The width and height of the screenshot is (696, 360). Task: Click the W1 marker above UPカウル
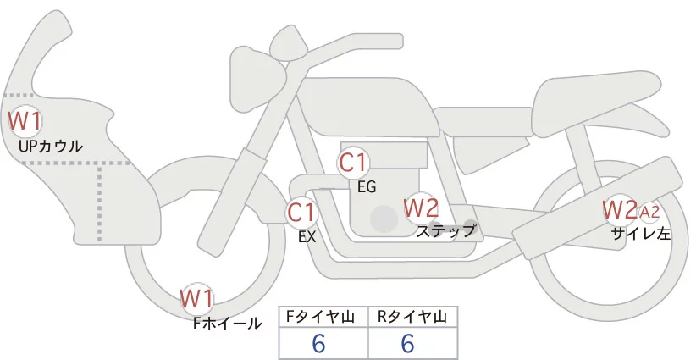(25, 120)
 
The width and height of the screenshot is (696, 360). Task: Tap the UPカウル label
(50, 147)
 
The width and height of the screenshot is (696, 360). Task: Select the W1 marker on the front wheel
(196, 298)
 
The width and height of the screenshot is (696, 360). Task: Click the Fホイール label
(227, 324)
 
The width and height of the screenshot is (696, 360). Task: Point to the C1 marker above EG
(353, 162)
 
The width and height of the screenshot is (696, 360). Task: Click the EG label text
(367, 186)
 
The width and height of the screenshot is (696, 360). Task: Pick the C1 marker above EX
(301, 212)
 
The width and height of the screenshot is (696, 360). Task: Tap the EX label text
(307, 238)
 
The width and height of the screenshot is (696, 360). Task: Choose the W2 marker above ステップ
(421, 207)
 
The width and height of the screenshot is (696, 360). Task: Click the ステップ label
(445, 230)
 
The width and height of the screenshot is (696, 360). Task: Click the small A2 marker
(649, 210)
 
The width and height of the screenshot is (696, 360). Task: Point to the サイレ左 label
(641, 235)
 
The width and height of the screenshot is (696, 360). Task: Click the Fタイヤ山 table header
(323, 317)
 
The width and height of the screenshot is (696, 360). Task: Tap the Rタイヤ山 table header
(412, 317)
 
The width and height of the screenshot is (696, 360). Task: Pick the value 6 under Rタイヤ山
(407, 344)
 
